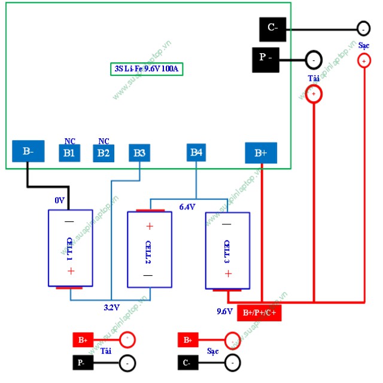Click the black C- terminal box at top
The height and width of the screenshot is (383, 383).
[x=272, y=28]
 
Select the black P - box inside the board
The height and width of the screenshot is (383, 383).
[x=265, y=58]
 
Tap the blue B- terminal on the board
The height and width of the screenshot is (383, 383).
[x=28, y=151]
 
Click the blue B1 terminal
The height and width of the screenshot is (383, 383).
[x=69, y=153]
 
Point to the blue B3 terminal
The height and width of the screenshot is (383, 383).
[x=139, y=153]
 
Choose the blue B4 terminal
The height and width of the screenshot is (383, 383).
[x=196, y=153]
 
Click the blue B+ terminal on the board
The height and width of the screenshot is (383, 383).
[x=261, y=153]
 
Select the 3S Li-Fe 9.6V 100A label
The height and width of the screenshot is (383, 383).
[x=146, y=69]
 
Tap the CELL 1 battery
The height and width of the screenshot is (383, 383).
[x=70, y=248]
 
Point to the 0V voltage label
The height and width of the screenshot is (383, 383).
[x=59, y=200]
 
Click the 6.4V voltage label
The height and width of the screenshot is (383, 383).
[x=187, y=207]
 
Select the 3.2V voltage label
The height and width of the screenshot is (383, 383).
[x=112, y=307]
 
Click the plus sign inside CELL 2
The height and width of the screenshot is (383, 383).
[x=150, y=226]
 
